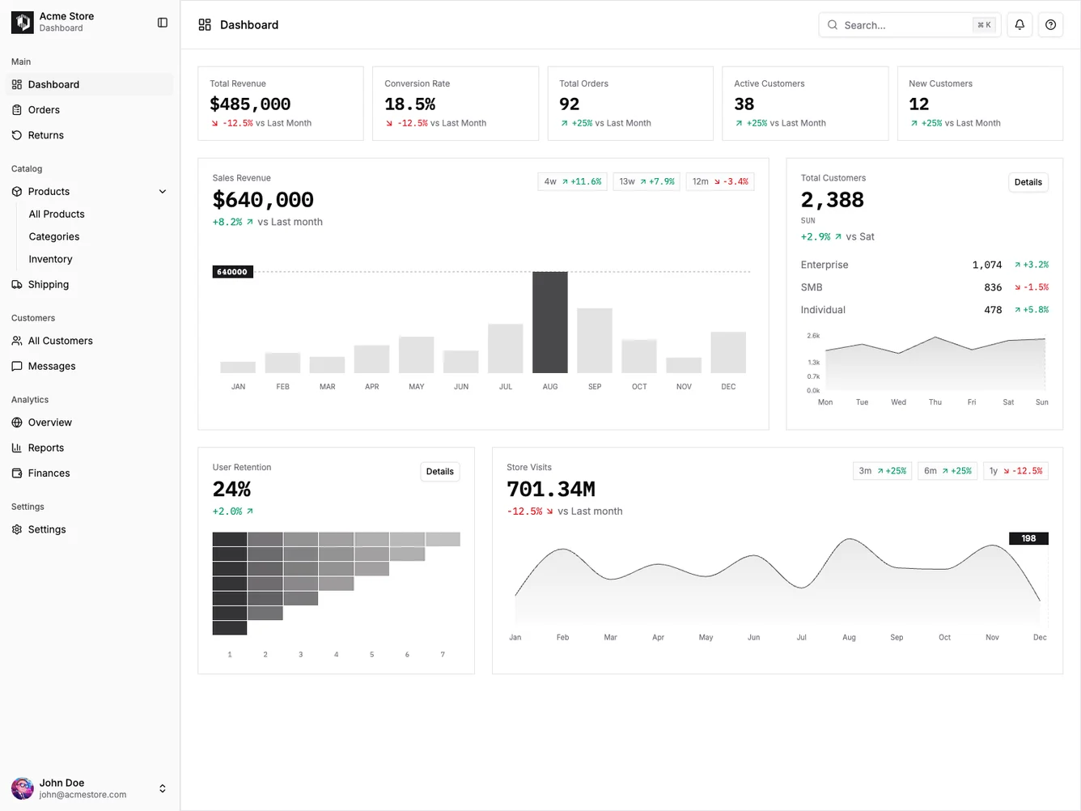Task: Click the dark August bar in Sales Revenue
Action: [549, 322]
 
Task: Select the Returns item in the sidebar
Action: [45, 135]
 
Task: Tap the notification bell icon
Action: [1020, 25]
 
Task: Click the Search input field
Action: [898, 25]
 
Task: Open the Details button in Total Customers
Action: [1028, 182]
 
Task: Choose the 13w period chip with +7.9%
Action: [646, 181]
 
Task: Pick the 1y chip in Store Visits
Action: [1015, 471]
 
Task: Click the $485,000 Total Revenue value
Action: [250, 104]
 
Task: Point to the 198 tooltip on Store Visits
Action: [1028, 538]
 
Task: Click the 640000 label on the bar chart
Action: [232, 272]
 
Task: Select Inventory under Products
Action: [50, 259]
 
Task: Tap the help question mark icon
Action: [1050, 25]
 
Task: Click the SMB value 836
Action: [993, 287]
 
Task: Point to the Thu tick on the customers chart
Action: [935, 402]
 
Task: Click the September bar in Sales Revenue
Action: [595, 340]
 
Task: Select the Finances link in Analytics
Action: [49, 473]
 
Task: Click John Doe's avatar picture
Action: [22, 788]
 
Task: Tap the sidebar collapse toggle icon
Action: [163, 23]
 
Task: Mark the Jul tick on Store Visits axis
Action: [801, 638]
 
